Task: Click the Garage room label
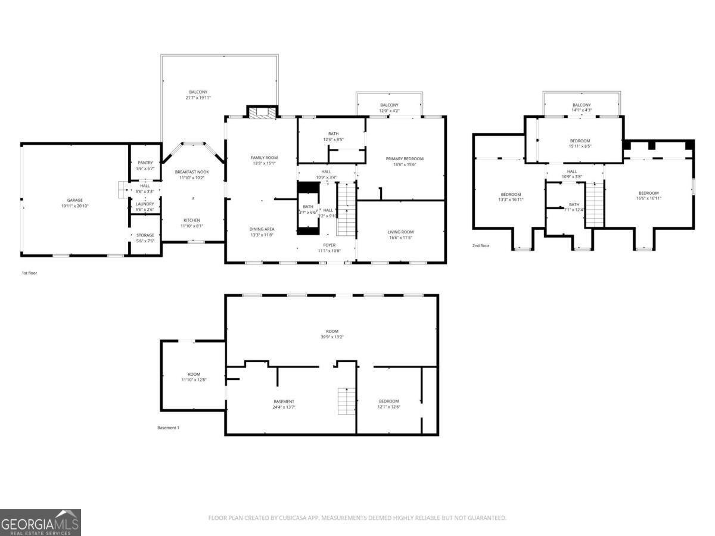pyautogui.click(x=74, y=200)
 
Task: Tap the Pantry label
pyautogui.click(x=145, y=163)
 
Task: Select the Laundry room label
pyautogui.click(x=145, y=204)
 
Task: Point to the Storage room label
pyautogui.click(x=145, y=235)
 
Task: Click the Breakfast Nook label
pyautogui.click(x=192, y=172)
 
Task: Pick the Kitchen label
pyautogui.click(x=192, y=220)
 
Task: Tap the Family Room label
pyautogui.click(x=264, y=157)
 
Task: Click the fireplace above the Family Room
pyautogui.click(x=262, y=113)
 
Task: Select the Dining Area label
pyautogui.click(x=262, y=229)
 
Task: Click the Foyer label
pyautogui.click(x=329, y=245)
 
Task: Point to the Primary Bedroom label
pyautogui.click(x=405, y=158)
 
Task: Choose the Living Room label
pyautogui.click(x=400, y=232)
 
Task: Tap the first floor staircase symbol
pyautogui.click(x=346, y=209)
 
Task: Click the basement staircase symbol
pyautogui.click(x=347, y=401)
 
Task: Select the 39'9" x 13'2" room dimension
pyautogui.click(x=332, y=337)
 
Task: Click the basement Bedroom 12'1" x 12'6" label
pyautogui.click(x=388, y=401)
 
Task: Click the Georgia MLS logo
pyautogui.click(x=40, y=522)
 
